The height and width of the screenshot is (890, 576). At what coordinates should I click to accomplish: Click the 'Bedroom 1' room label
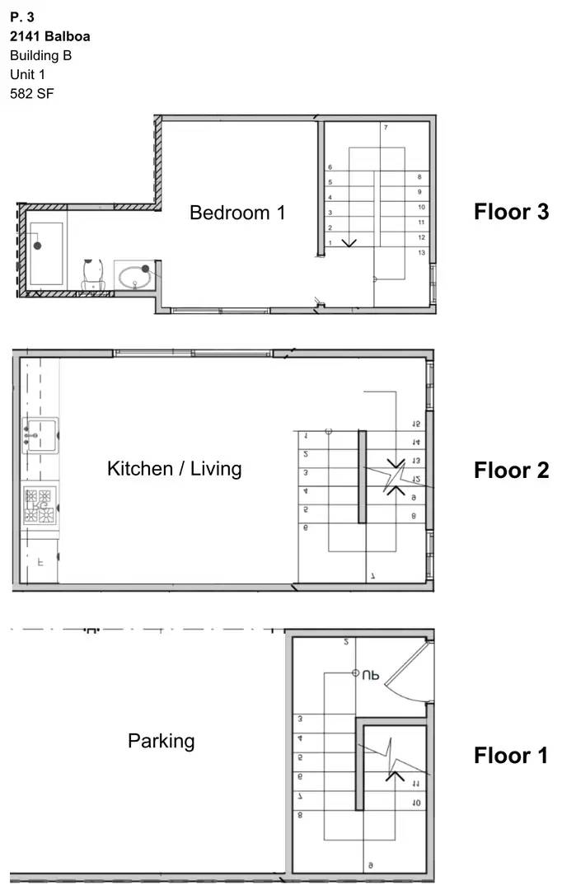point(237,213)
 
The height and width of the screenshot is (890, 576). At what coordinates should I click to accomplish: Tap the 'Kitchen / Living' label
point(174,469)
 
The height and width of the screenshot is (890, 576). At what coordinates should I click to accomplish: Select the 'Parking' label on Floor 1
point(161,741)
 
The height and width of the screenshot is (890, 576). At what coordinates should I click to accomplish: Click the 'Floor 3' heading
point(511,212)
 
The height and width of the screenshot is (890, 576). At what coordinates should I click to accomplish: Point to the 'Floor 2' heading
point(511,471)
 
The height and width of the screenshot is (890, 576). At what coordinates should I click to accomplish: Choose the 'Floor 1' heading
point(511,755)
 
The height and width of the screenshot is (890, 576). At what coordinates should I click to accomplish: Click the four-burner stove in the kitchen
point(38,506)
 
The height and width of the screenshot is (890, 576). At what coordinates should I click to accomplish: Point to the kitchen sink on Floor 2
point(40,433)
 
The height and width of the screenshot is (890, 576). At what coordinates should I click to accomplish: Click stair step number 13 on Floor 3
point(421,253)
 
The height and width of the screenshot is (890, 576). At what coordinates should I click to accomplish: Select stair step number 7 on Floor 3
point(385,128)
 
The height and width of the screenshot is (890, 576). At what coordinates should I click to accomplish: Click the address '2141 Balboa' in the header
point(50,36)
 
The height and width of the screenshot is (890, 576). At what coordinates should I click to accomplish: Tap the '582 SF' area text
point(32,93)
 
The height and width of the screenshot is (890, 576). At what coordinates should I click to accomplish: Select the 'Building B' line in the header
point(40,55)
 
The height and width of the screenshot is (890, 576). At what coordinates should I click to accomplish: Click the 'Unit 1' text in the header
point(27,74)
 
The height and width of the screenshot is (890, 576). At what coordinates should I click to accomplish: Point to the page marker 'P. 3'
point(22,16)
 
